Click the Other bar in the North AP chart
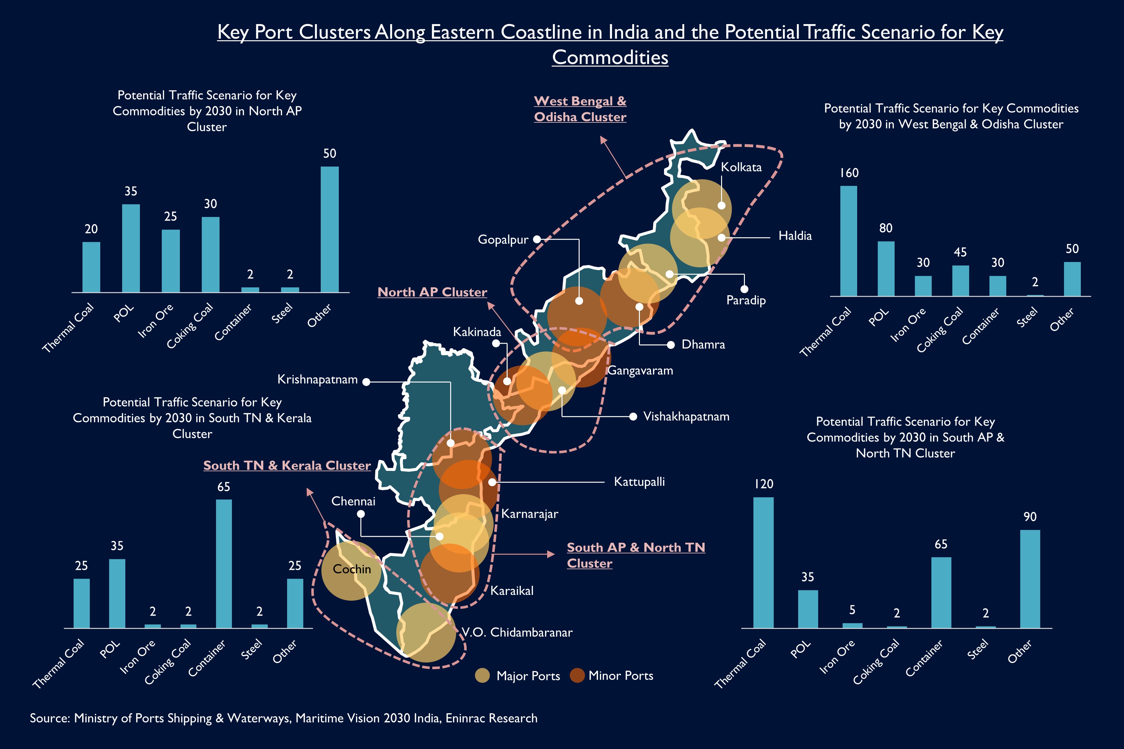coord(329,229)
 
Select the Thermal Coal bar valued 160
coord(848,241)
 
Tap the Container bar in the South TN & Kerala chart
coord(224,564)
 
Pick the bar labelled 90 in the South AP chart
coord(1030,579)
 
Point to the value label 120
coord(764,484)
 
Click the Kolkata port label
coord(741,167)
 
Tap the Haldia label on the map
coord(795,236)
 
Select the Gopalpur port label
coord(503,239)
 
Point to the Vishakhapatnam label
coord(686,417)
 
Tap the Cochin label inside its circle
coord(352,569)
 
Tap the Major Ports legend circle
coord(482,675)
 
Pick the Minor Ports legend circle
coord(577,675)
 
